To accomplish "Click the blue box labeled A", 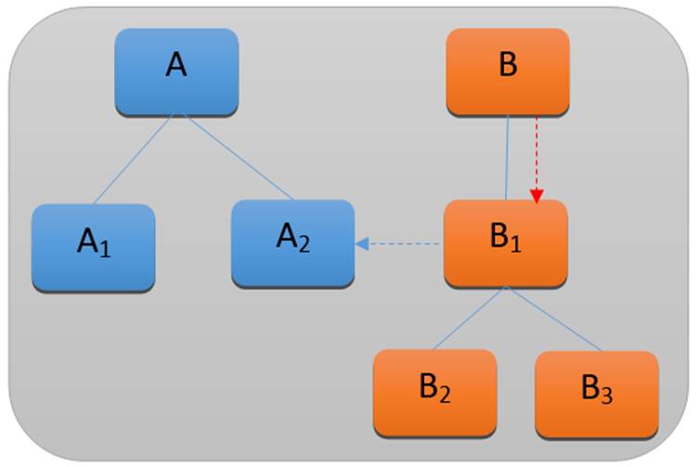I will click(176, 71).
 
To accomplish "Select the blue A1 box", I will click(93, 246).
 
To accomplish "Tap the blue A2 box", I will click(292, 241).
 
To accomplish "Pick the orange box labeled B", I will click(507, 71).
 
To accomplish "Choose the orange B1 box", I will click(506, 242).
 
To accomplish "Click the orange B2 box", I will click(434, 391).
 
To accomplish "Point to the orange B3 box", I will click(596, 393).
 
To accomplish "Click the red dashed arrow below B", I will click(536, 153).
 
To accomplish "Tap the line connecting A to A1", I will click(132, 159).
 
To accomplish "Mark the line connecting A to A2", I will click(240, 158).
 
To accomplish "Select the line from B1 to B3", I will click(554, 319).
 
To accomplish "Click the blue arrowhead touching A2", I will click(362, 244).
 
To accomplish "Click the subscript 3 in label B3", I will click(605, 396).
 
